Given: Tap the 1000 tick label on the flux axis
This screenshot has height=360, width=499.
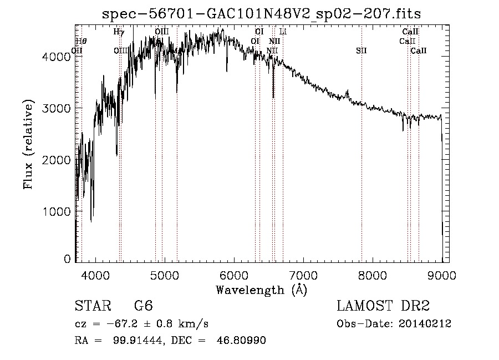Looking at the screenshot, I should (x=59, y=211).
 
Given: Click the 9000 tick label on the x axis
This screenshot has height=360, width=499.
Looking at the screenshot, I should (x=442, y=274).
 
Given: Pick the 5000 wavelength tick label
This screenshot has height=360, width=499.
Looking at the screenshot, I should (x=165, y=274).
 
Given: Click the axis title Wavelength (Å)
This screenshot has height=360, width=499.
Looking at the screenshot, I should (x=261, y=290).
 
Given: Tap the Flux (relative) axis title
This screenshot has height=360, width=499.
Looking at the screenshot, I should (x=28, y=145).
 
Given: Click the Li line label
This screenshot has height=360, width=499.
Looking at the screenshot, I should (x=283, y=32).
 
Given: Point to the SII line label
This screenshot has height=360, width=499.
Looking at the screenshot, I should (x=361, y=51).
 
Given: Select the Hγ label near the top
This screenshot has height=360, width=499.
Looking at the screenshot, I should (x=119, y=32).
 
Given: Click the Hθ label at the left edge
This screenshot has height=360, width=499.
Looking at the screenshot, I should (x=81, y=41).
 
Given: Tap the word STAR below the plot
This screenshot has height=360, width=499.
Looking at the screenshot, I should (x=91, y=306).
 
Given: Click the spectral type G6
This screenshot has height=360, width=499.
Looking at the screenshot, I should (x=143, y=306).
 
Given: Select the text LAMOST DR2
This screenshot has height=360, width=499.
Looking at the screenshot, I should (x=383, y=306).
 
